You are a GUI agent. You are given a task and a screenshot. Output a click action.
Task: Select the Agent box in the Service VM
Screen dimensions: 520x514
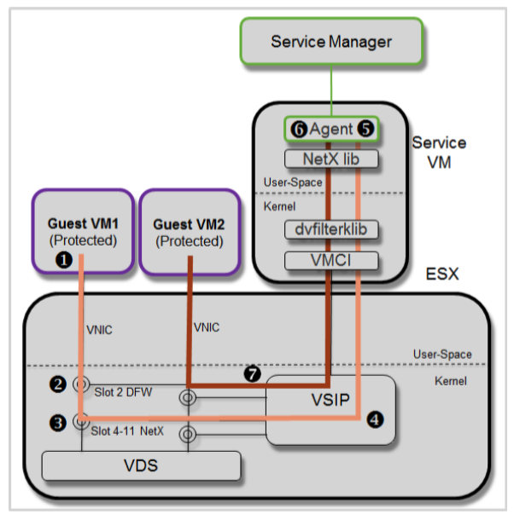pos(330,129)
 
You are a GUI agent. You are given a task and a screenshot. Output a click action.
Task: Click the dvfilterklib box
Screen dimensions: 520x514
pos(330,229)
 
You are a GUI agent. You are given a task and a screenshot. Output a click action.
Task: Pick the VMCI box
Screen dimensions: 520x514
pos(330,258)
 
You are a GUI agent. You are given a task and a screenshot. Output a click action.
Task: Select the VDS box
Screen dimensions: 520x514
pos(141,466)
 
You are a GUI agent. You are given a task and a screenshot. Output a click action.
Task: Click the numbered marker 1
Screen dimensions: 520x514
pos(61,262)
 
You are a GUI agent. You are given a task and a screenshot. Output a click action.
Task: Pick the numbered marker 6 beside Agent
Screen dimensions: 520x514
pos(298,129)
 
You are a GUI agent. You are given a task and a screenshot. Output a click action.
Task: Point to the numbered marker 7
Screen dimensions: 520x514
pos(252,373)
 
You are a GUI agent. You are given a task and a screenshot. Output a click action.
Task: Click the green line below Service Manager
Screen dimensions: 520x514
pos(331,86)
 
